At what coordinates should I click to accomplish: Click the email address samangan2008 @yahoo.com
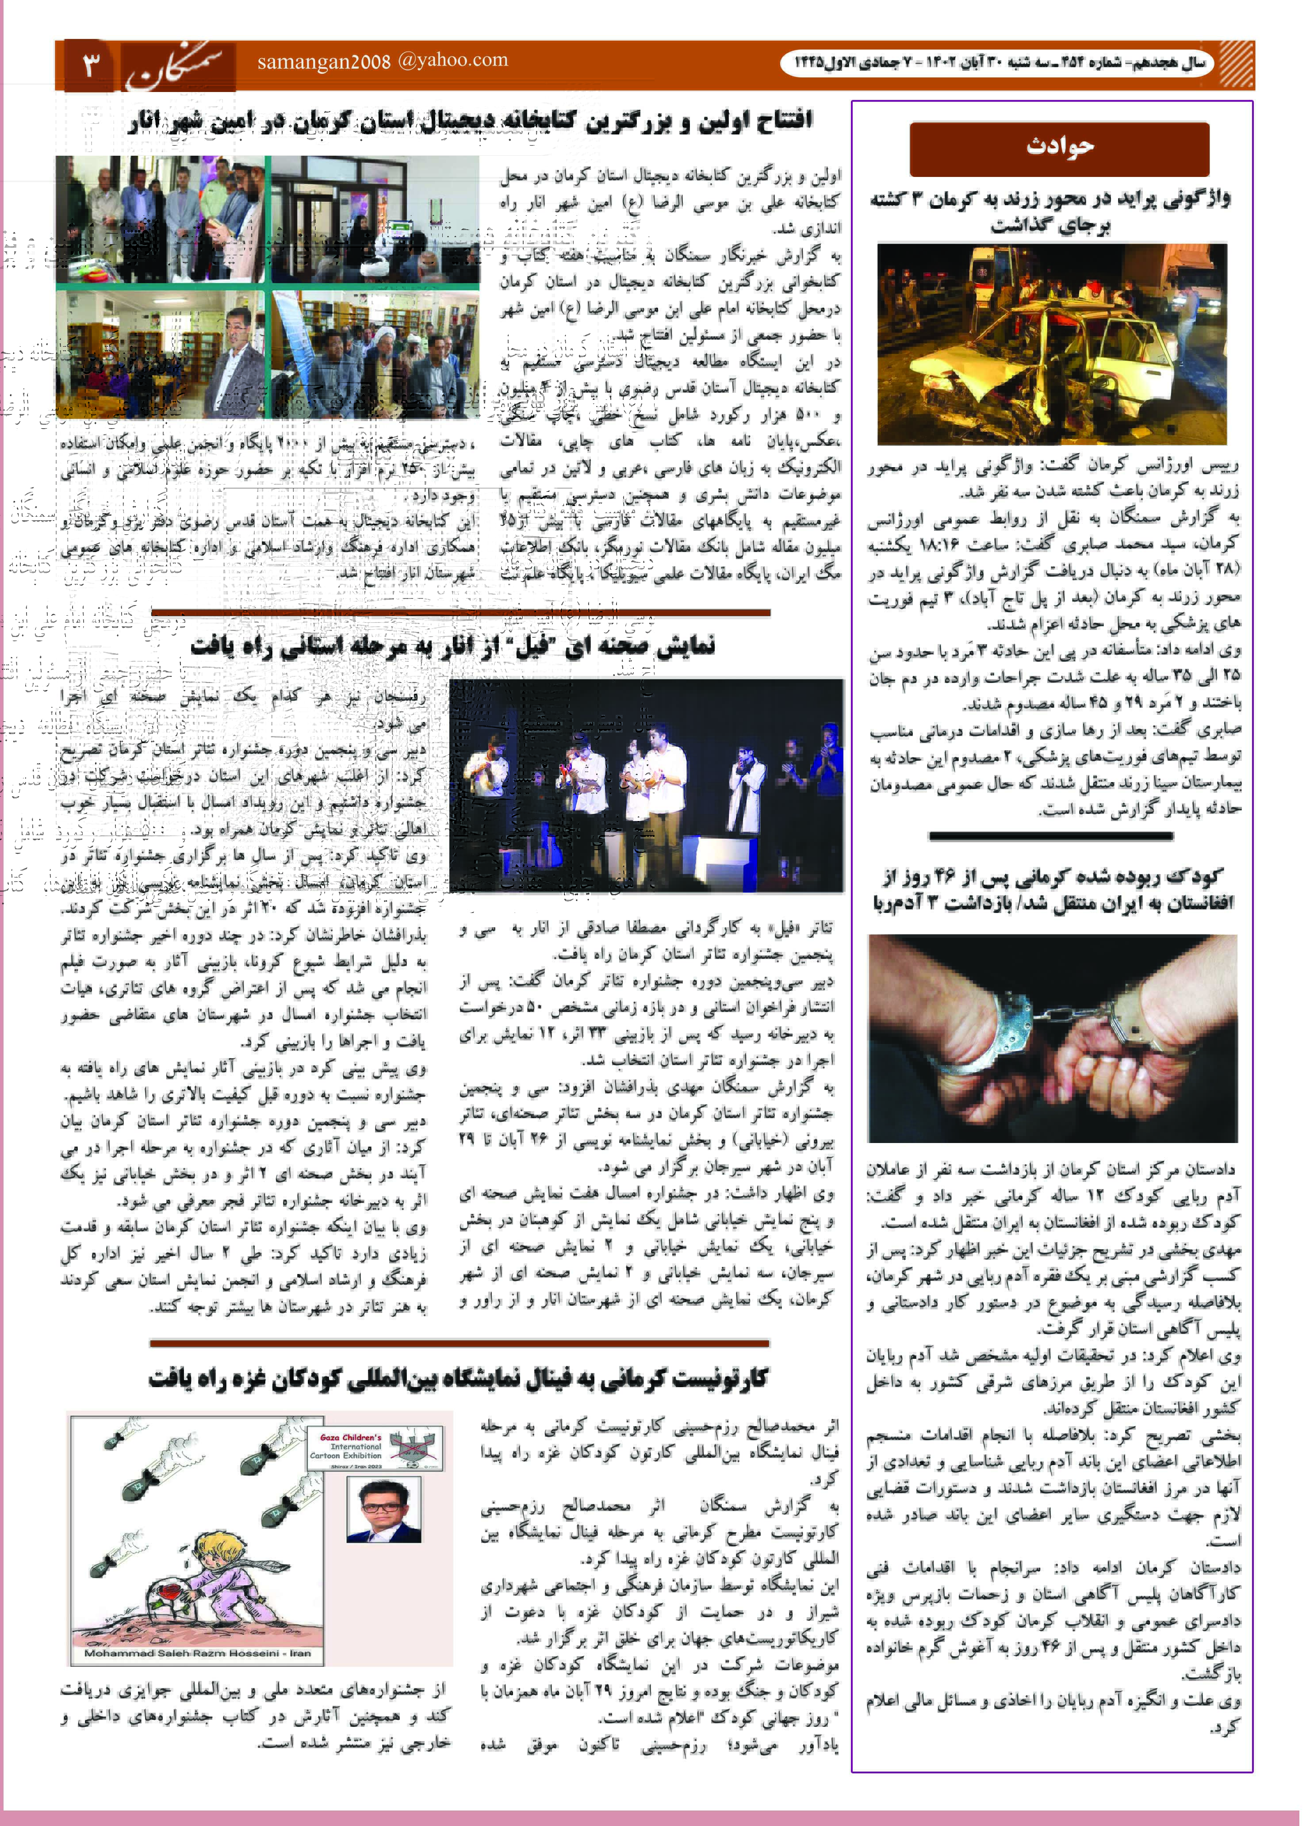[x=383, y=61]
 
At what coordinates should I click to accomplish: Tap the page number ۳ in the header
[x=90, y=64]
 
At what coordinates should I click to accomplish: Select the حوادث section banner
[x=1059, y=148]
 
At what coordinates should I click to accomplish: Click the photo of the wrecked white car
[x=1052, y=344]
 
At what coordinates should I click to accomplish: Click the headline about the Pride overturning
[x=1051, y=211]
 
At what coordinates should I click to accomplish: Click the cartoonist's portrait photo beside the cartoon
[x=383, y=1510]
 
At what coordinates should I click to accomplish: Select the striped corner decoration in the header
[x=1236, y=64]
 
